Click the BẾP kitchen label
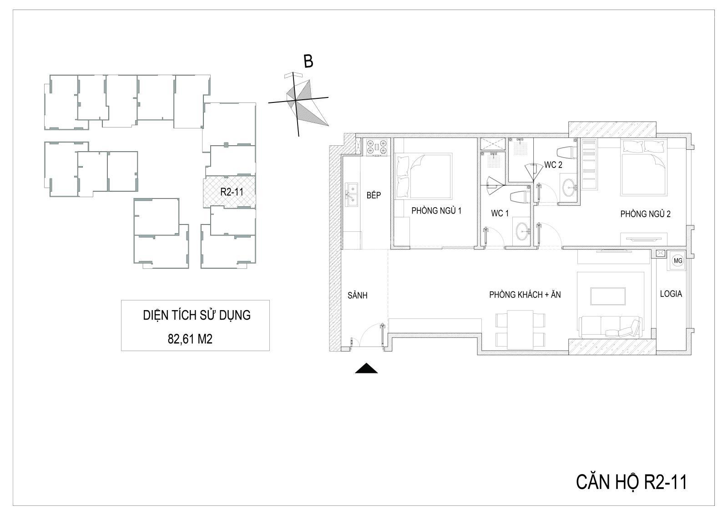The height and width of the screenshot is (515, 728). pos(374,195)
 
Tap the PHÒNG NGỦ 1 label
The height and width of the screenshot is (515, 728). pos(436,211)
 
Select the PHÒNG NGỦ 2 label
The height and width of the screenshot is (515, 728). pos(645,214)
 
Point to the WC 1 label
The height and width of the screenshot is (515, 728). pos(500,214)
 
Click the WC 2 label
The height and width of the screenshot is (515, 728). pos(553,165)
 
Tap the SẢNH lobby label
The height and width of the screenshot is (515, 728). pos(358,296)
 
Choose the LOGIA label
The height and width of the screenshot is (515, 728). pos(671,294)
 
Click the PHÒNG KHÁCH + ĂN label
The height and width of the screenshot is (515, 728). pos(525,295)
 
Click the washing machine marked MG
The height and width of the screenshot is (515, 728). pos(678,260)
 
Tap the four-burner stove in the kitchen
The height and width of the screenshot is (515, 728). pos(377,147)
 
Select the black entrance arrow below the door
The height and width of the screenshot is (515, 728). pos(366,368)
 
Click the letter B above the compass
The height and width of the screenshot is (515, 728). pos(308,61)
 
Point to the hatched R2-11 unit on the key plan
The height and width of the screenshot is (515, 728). pos(229,192)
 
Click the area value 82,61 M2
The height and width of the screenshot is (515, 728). pos(190,339)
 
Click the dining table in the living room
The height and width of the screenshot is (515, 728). pos(520,330)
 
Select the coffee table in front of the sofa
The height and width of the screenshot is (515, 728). pos(608,296)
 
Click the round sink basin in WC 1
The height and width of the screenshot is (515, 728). pos(522,231)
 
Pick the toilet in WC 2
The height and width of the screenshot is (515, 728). pos(566,152)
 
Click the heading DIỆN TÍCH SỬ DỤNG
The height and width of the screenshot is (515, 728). pos(197,315)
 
